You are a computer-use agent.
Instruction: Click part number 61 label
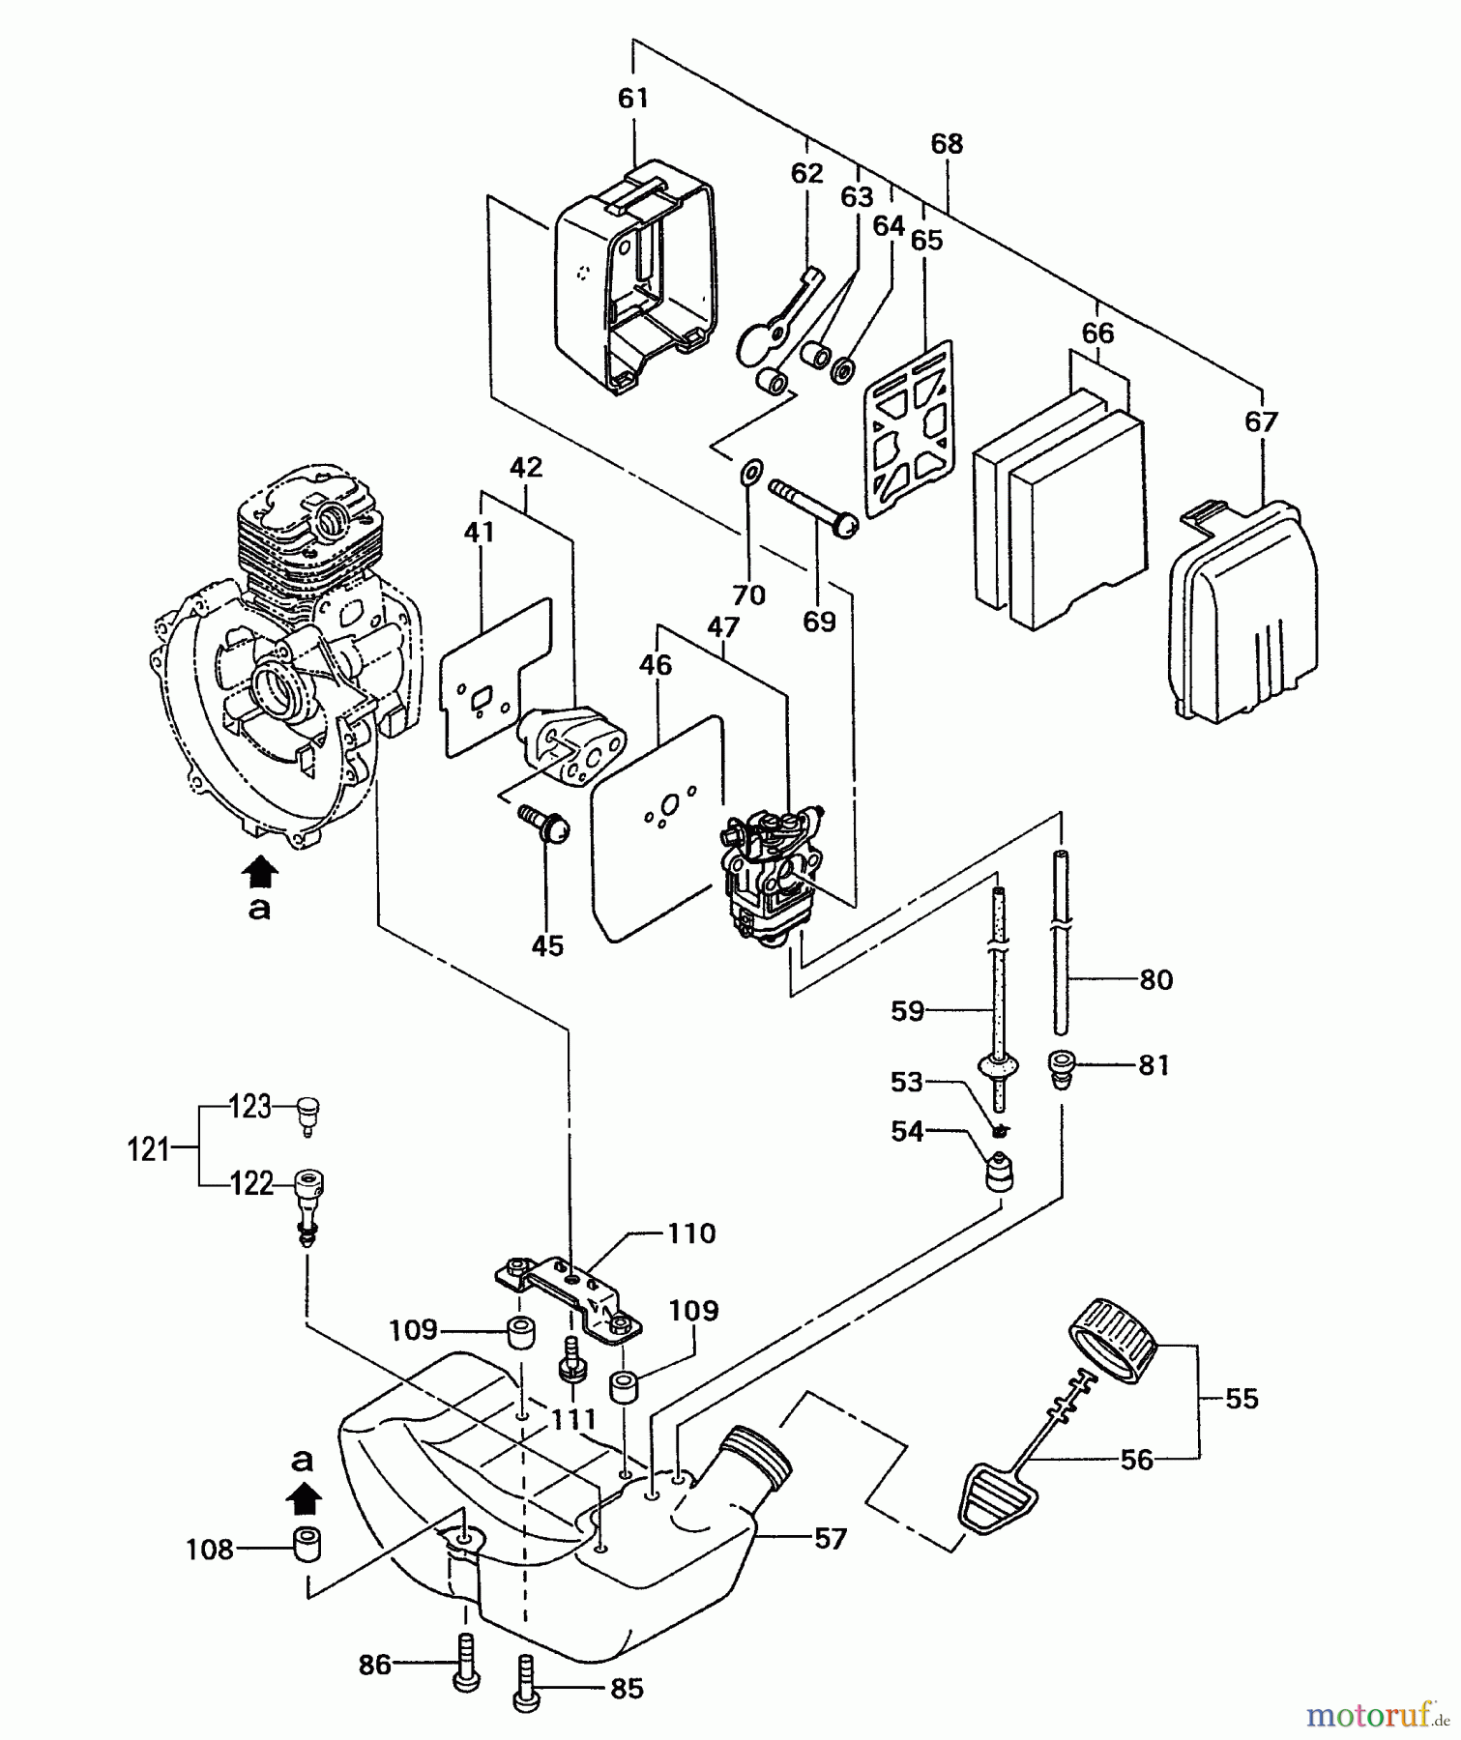click(x=633, y=99)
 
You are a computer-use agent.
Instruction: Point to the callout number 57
click(x=829, y=1538)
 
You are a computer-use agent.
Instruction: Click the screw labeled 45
click(x=548, y=826)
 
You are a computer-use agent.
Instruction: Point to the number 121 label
click(x=149, y=1150)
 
